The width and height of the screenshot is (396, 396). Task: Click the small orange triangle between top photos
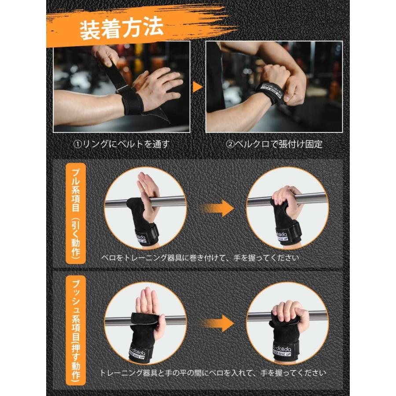tap(198, 87)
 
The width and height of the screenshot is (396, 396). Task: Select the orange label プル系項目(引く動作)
tap(75, 213)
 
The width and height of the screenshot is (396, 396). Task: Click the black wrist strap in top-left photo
tap(131, 101)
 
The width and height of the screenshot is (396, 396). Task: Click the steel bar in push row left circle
tap(119, 320)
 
